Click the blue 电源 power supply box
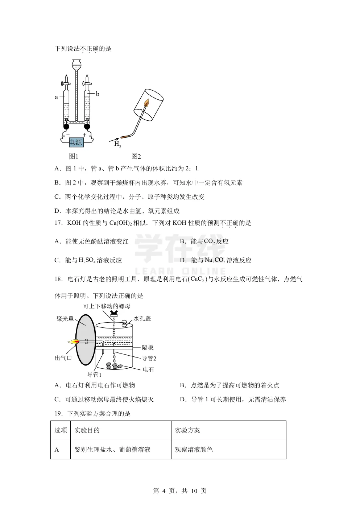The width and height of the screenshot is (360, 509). pyautogui.click(x=76, y=142)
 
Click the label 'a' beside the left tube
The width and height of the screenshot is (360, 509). pyautogui.click(x=56, y=97)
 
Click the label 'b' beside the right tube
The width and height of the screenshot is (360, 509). pyautogui.click(x=98, y=94)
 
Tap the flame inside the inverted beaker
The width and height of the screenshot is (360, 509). pyautogui.click(x=146, y=103)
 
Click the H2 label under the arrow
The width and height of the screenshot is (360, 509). pyautogui.click(x=117, y=144)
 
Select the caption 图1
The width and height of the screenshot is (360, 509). pyautogui.click(x=74, y=157)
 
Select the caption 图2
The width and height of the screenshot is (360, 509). pyautogui.click(x=136, y=157)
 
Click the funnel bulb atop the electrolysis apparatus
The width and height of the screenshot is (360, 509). pyautogui.click(x=76, y=65)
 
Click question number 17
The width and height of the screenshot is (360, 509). pyautogui.click(x=58, y=223)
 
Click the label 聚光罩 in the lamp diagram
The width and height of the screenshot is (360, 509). pyautogui.click(x=65, y=319)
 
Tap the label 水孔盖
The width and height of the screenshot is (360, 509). pyautogui.click(x=142, y=318)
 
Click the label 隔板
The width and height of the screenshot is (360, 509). pyautogui.click(x=148, y=347)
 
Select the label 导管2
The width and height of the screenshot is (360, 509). pyautogui.click(x=149, y=359)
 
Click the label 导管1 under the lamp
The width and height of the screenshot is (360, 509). pyautogui.click(x=94, y=374)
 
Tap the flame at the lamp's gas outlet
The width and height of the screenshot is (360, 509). pyautogui.click(x=74, y=342)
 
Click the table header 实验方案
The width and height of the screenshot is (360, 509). pyautogui.click(x=187, y=430)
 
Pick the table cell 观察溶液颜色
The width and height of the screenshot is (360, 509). pyautogui.click(x=194, y=450)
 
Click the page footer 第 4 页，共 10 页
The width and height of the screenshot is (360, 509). pyautogui.click(x=180, y=491)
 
